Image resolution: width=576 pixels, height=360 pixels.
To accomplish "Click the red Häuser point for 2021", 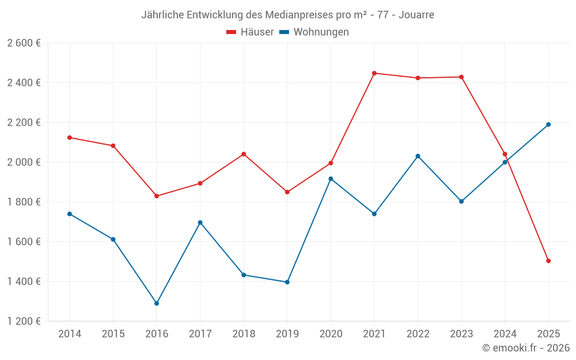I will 374,73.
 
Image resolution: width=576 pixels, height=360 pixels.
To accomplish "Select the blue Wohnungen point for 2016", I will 157,303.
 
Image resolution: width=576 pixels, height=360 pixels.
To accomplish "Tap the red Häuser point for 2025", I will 548,261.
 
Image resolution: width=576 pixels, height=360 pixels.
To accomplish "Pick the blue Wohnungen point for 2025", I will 548,124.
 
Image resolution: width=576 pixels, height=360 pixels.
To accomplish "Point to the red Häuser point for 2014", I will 70,138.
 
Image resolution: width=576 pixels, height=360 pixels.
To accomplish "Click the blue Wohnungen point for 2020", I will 331,179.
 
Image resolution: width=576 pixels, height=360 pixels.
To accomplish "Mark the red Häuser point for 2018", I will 244,154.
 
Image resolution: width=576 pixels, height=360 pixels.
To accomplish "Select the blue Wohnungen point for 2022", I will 418,156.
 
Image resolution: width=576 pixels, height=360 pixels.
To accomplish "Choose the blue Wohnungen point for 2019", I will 287,282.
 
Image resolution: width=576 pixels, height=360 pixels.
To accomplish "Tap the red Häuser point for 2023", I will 461,77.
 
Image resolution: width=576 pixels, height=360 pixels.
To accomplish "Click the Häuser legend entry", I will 250,32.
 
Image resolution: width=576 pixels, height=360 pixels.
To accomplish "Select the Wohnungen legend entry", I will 314,32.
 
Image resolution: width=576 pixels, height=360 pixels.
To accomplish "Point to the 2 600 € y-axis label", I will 24,43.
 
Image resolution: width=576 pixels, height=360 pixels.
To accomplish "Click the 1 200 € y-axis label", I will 24,321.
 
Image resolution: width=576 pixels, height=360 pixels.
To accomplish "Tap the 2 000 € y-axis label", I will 24,162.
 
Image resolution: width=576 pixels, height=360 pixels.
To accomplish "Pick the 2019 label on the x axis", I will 287,334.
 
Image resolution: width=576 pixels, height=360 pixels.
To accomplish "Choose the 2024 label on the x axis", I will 505,334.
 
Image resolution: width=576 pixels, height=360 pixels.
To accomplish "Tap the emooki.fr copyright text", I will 526,348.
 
